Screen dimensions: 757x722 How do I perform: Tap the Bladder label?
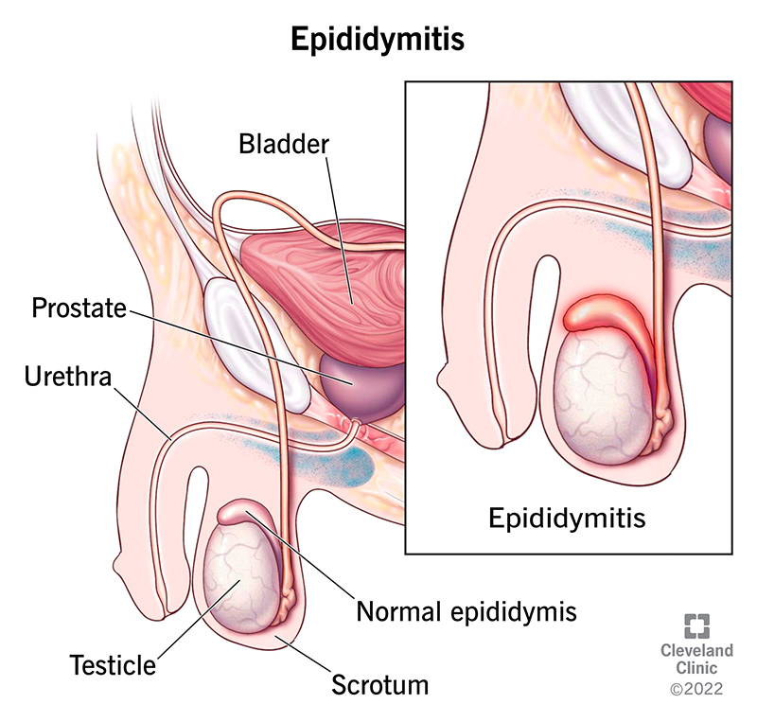(283, 145)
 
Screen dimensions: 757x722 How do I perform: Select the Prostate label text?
(79, 308)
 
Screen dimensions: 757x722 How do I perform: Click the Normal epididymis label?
(466, 611)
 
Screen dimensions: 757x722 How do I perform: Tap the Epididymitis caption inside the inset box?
(567, 518)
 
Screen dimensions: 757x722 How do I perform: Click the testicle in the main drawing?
(240, 577)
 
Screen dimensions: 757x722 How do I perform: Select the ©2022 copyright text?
(698, 692)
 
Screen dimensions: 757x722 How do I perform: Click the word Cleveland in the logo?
(698, 651)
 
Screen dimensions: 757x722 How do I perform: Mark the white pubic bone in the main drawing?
(255, 341)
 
